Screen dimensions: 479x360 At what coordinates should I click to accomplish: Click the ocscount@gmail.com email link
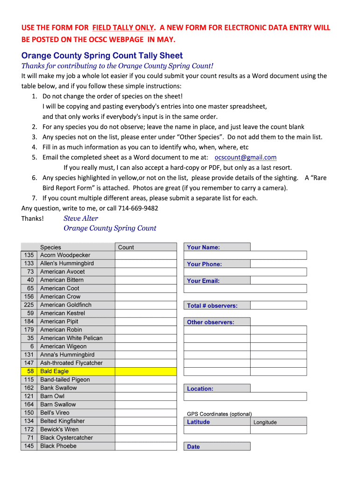click(245, 158)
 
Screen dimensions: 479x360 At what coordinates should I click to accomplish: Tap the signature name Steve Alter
click(81, 218)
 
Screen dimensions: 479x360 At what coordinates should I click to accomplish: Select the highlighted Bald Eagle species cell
click(54, 371)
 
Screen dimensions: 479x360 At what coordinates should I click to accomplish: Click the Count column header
click(126, 247)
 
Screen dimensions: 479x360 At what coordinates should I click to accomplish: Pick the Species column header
click(50, 247)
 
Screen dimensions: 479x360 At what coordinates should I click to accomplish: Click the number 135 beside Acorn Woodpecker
click(29, 255)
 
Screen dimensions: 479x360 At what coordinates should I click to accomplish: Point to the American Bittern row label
click(62, 280)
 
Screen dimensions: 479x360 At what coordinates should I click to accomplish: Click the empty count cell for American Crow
click(145, 297)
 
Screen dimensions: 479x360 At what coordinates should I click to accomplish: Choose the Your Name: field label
click(203, 247)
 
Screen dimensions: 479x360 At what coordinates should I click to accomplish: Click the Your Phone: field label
click(204, 264)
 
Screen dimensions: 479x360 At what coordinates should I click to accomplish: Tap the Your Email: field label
click(203, 281)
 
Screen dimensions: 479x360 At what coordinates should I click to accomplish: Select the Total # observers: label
click(212, 306)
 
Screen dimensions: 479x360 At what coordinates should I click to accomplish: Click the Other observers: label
click(210, 322)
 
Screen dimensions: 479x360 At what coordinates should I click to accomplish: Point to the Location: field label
click(200, 389)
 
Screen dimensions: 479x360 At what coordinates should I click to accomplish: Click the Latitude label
click(198, 422)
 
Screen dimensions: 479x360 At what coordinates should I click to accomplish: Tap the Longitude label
click(265, 422)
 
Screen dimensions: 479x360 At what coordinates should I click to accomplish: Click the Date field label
click(194, 447)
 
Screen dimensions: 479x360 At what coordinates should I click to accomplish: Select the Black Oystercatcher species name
click(66, 438)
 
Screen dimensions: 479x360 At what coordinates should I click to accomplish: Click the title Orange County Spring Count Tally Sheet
click(102, 56)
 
